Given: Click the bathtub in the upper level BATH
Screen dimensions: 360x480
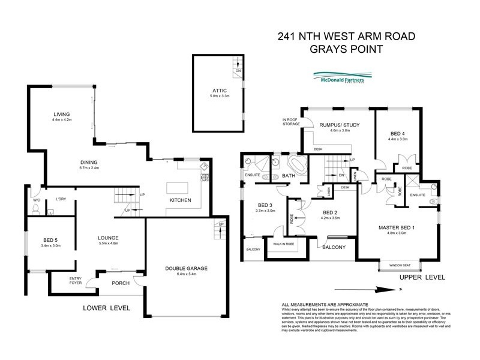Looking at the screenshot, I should click(x=296, y=164).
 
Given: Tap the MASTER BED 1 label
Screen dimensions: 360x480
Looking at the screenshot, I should click(x=397, y=228).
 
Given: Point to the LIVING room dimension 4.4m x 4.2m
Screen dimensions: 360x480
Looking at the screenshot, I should click(x=62, y=121).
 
